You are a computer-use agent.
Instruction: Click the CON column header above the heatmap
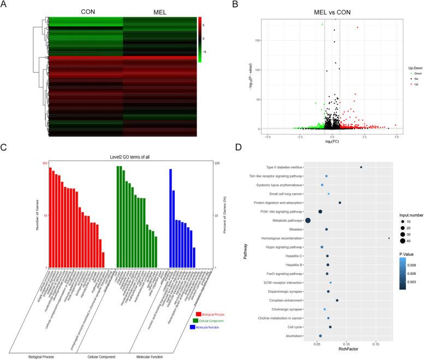87,12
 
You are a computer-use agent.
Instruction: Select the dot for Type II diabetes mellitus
361,167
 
